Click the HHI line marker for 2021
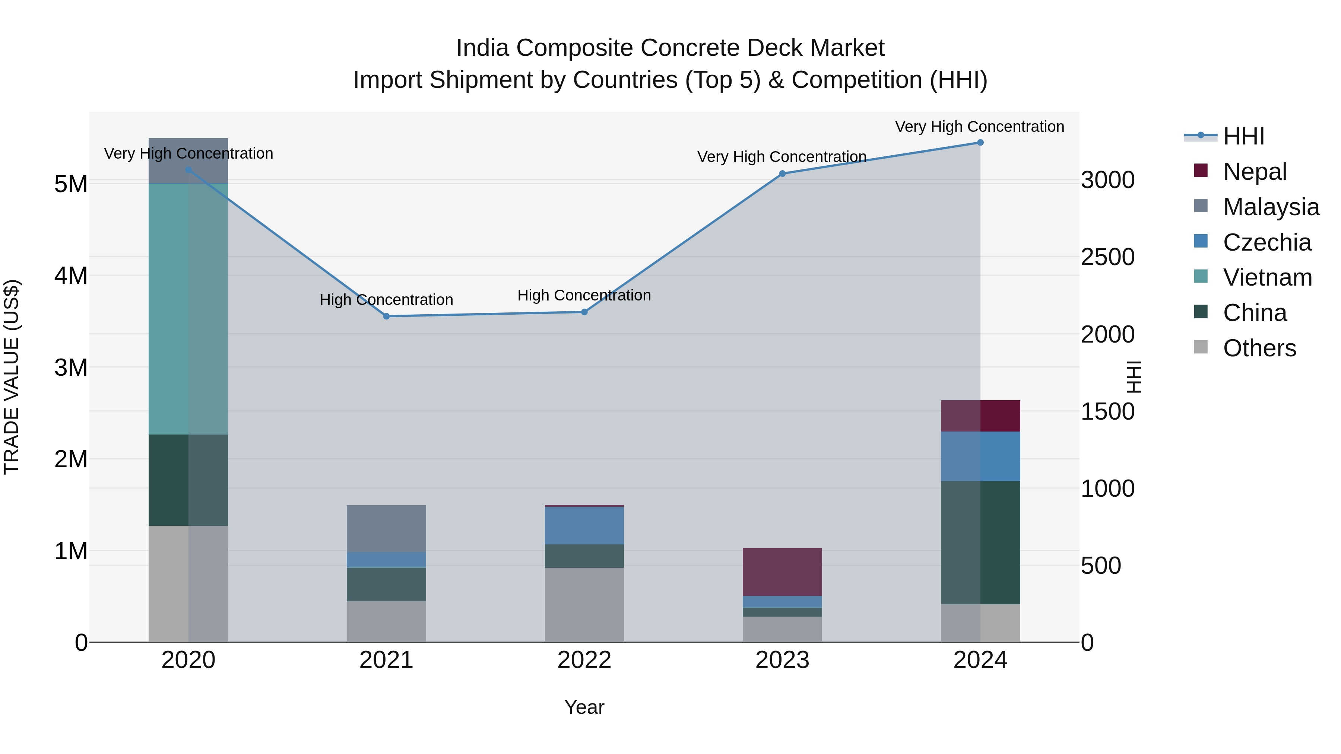tap(386, 316)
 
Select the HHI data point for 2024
tap(980, 143)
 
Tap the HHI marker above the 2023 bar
tap(782, 174)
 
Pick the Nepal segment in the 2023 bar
tap(782, 572)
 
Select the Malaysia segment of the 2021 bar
tap(386, 529)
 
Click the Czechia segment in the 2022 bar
tap(584, 525)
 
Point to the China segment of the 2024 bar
tap(980, 543)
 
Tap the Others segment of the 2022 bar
tap(584, 605)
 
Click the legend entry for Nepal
tap(1255, 172)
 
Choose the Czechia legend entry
tap(1266, 242)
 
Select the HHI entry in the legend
tap(1244, 136)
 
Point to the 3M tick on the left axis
tap(71, 368)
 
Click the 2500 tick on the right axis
tap(1108, 257)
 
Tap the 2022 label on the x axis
tap(584, 660)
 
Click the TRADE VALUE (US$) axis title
tap(12, 377)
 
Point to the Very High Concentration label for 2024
tap(979, 127)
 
